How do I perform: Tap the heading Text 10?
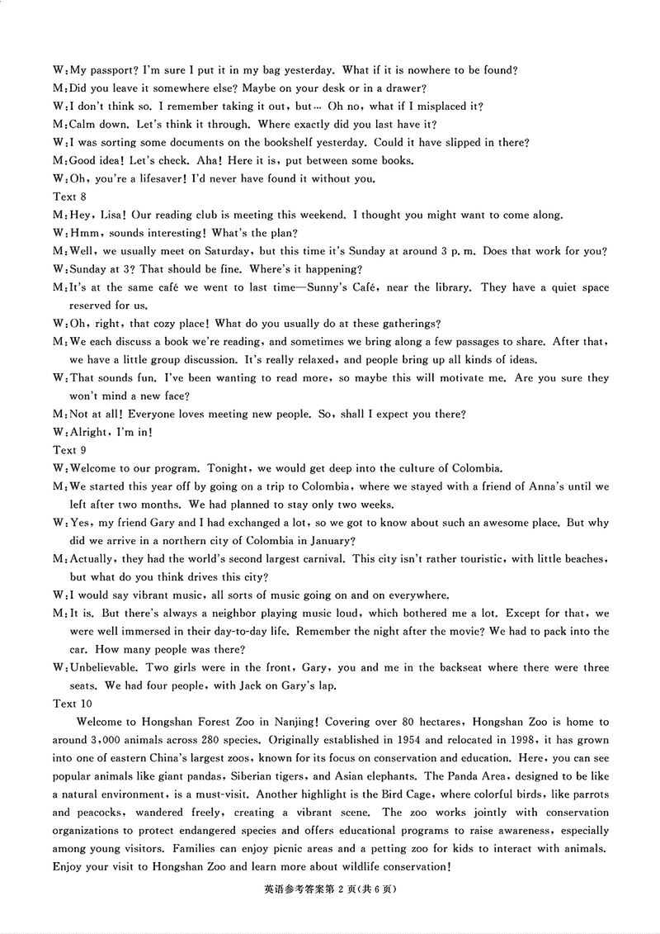[x=73, y=704]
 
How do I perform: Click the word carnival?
[x=319, y=559]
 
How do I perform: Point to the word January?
[x=330, y=541]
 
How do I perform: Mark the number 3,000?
[x=109, y=740]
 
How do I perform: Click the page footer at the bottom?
[x=330, y=889]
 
